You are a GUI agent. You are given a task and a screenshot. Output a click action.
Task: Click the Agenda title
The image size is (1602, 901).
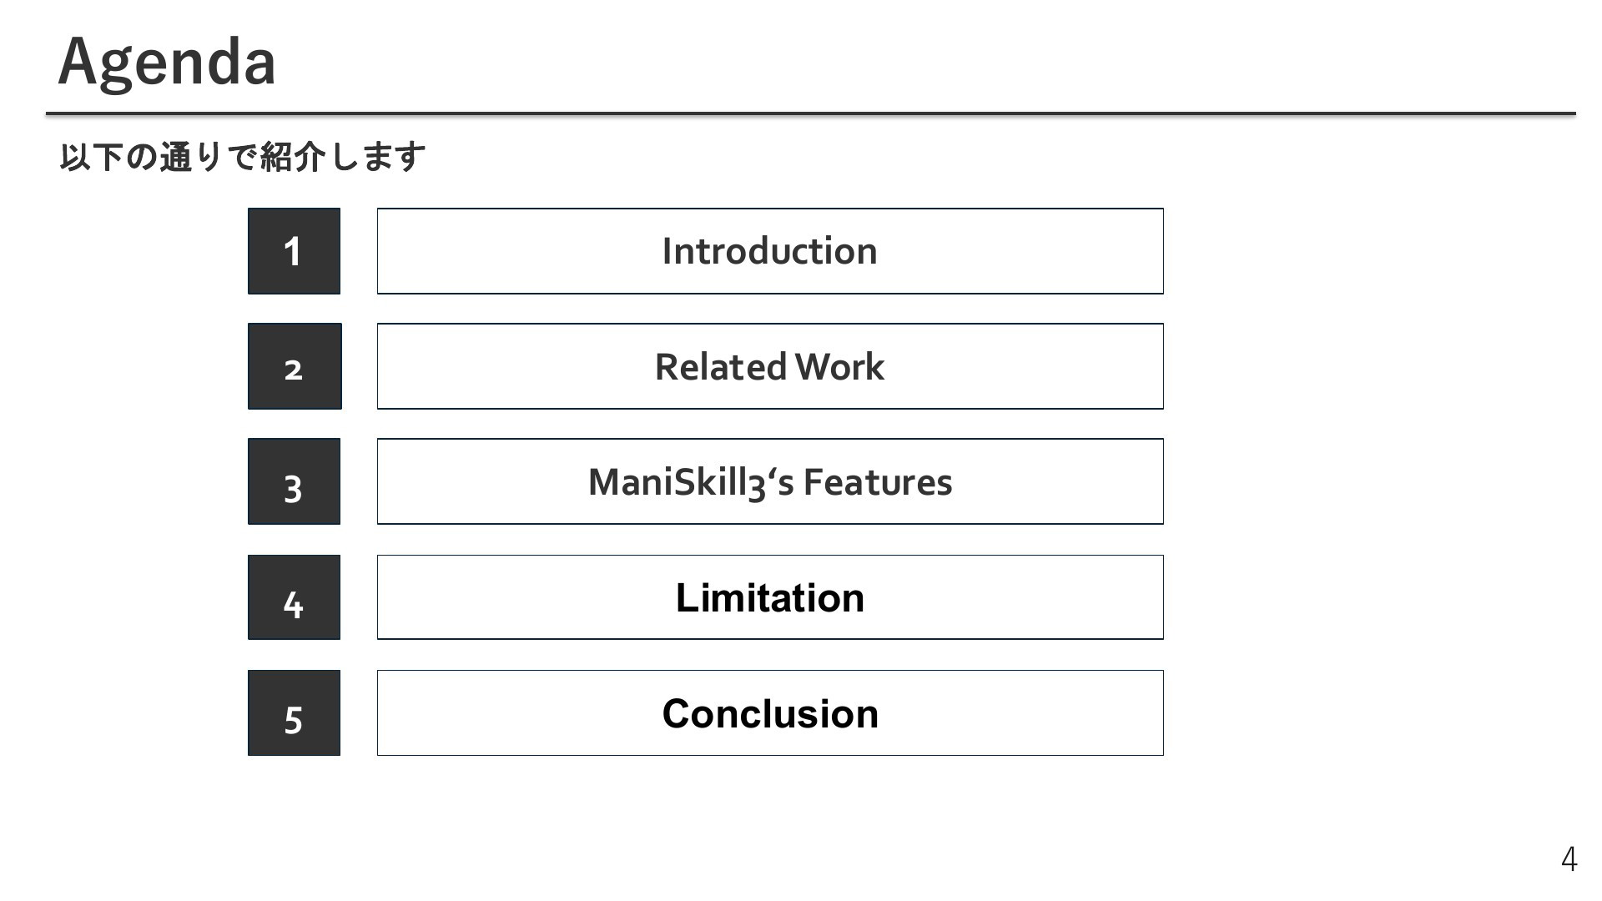[167, 63]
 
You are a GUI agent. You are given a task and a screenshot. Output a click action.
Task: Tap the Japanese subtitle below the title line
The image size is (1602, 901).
[242, 157]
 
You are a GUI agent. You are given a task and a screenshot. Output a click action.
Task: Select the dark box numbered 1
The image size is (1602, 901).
[294, 251]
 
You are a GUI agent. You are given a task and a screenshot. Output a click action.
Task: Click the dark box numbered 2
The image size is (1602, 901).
[295, 366]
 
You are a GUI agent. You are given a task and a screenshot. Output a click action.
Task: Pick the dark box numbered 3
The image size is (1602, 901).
[294, 481]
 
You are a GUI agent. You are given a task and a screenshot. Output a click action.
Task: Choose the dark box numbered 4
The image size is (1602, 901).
[294, 597]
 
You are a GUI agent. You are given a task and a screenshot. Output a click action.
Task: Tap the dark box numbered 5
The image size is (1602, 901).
[294, 712]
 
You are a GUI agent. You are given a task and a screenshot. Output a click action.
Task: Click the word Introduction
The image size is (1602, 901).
[769, 251]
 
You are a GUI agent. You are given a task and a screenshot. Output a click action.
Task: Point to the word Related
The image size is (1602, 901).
[721, 367]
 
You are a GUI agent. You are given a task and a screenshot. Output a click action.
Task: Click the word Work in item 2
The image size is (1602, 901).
[839, 367]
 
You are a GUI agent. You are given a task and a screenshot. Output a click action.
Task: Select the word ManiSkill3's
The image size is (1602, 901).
[691, 482]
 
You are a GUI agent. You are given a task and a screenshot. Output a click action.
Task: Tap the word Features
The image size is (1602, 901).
[878, 482]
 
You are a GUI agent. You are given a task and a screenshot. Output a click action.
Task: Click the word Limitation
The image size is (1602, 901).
[770, 597]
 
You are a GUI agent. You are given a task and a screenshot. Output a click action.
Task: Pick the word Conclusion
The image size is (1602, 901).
[770, 713]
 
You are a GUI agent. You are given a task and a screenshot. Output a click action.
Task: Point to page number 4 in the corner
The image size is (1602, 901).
[1569, 858]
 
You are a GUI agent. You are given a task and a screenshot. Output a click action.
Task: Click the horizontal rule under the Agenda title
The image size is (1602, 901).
[810, 113]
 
